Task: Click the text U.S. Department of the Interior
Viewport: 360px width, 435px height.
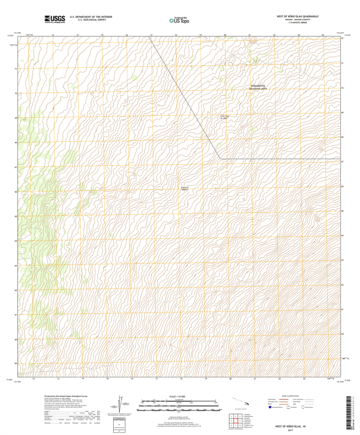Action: tap(87, 17)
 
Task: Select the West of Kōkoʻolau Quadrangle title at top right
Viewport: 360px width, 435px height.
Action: tap(297, 17)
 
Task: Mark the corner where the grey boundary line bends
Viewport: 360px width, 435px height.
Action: tap(220, 159)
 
